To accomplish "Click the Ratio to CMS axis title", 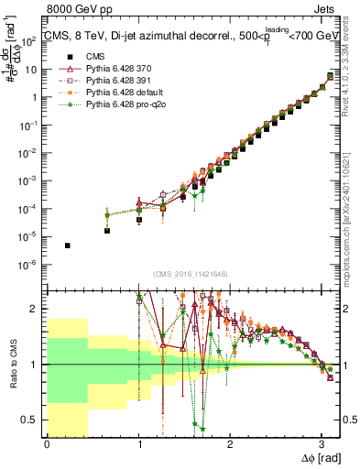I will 12,364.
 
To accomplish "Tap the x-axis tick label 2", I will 230,444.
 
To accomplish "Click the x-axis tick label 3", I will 322,444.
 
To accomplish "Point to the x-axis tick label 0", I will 47,444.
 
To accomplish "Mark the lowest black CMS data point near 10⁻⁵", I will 67,245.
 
